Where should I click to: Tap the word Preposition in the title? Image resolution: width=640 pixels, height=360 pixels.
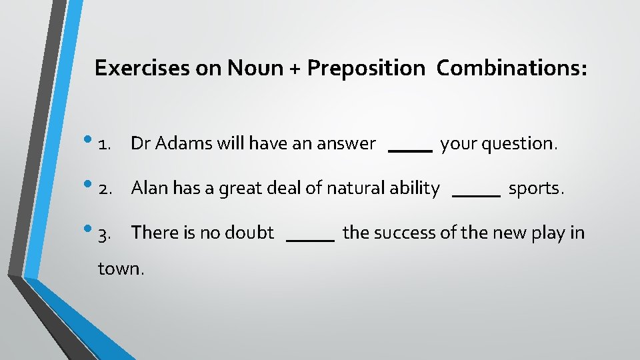(x=365, y=68)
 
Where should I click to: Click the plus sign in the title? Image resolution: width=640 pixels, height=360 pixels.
(x=294, y=69)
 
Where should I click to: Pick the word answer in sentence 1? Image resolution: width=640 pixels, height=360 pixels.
(x=347, y=144)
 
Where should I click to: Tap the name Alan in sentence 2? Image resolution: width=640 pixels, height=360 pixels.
(x=150, y=189)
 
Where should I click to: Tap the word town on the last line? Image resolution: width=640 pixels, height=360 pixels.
(x=119, y=269)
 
